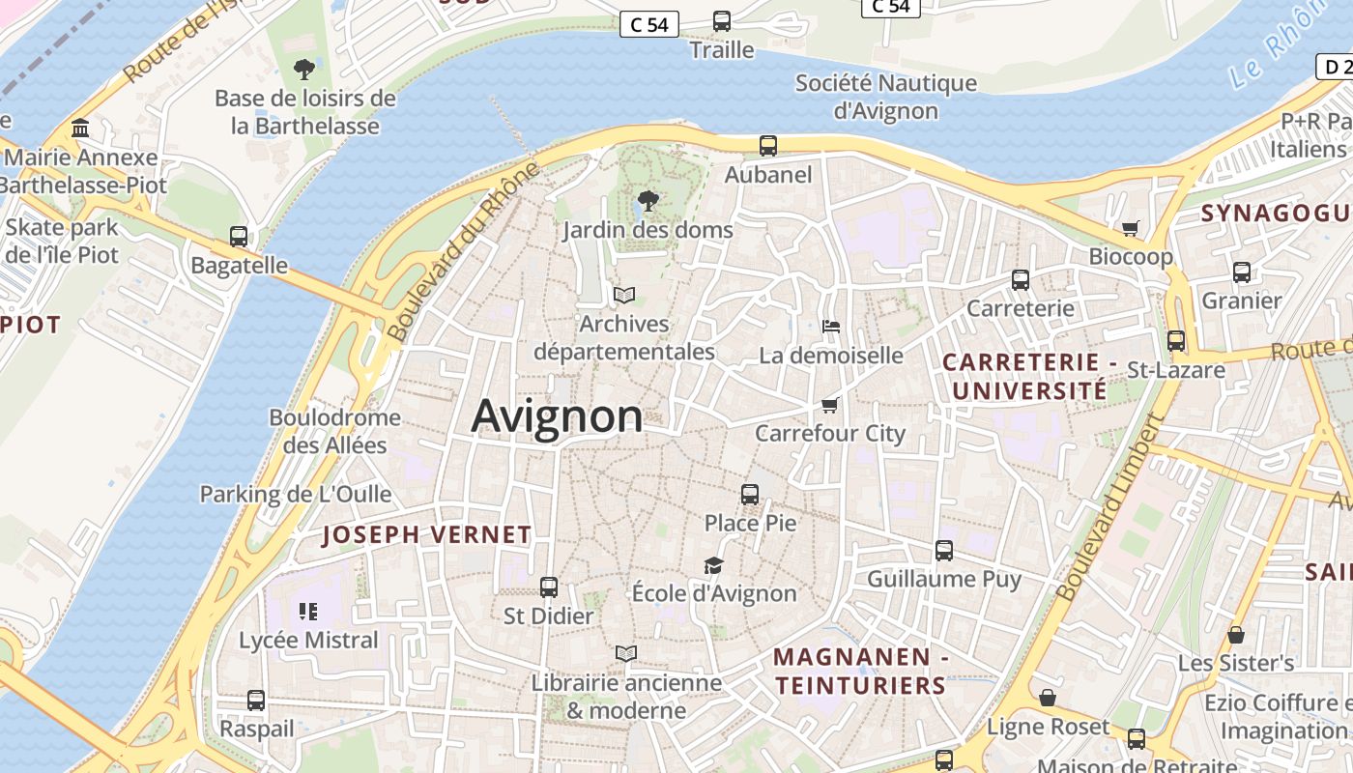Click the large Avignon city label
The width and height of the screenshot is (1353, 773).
click(557, 416)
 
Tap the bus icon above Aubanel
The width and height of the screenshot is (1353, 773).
click(768, 146)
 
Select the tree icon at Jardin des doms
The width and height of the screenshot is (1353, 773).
click(648, 201)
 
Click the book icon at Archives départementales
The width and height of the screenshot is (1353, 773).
click(624, 295)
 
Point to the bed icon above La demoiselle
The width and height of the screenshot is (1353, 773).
click(830, 327)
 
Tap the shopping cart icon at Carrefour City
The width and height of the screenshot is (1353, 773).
click(829, 405)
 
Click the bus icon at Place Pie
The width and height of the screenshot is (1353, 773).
click(750, 495)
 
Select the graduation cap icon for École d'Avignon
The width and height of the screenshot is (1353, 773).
click(713, 565)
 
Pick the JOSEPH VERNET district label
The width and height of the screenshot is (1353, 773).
click(426, 534)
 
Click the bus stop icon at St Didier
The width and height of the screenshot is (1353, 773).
click(549, 587)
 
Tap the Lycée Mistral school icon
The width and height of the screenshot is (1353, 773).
click(308, 611)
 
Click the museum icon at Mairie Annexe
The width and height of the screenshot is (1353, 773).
click(80, 129)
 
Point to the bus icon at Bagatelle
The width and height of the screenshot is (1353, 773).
click(239, 236)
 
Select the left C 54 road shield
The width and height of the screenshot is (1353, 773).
click(648, 25)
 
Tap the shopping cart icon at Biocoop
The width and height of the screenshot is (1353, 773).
click(1130, 229)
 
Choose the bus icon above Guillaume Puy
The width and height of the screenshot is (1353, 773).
click(944, 551)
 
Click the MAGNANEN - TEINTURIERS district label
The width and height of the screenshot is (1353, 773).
click(859, 672)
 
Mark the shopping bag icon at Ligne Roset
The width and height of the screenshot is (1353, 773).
click(1048, 698)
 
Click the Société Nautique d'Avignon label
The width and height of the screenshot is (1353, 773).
click(886, 97)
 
